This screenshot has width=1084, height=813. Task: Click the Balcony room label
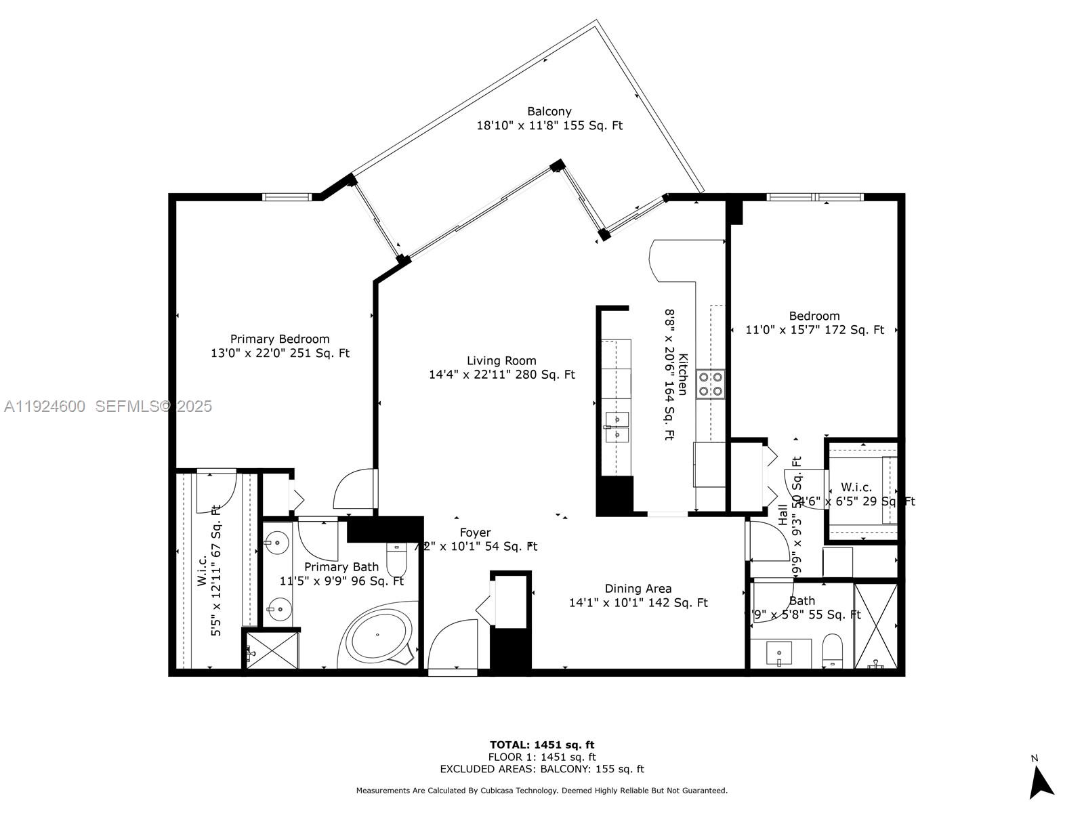pos(549,111)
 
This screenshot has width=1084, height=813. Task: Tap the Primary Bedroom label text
pos(280,339)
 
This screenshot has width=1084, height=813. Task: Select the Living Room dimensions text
pos(501,375)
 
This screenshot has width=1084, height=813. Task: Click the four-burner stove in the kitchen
pos(710,383)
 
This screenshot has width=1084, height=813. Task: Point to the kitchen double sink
pos(617,427)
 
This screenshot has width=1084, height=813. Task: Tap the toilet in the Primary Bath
pos(396,559)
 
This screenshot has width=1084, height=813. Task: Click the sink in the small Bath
pos(780,653)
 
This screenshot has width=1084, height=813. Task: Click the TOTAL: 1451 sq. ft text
pos(542,745)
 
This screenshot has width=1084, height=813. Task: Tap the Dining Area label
pos(638,589)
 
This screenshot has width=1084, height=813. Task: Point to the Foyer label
pos(475,533)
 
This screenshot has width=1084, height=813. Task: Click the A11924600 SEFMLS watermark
pos(108,406)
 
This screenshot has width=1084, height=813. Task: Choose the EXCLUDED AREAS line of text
pos(542,769)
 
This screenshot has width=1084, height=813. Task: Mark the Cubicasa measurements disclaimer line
pos(542,790)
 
